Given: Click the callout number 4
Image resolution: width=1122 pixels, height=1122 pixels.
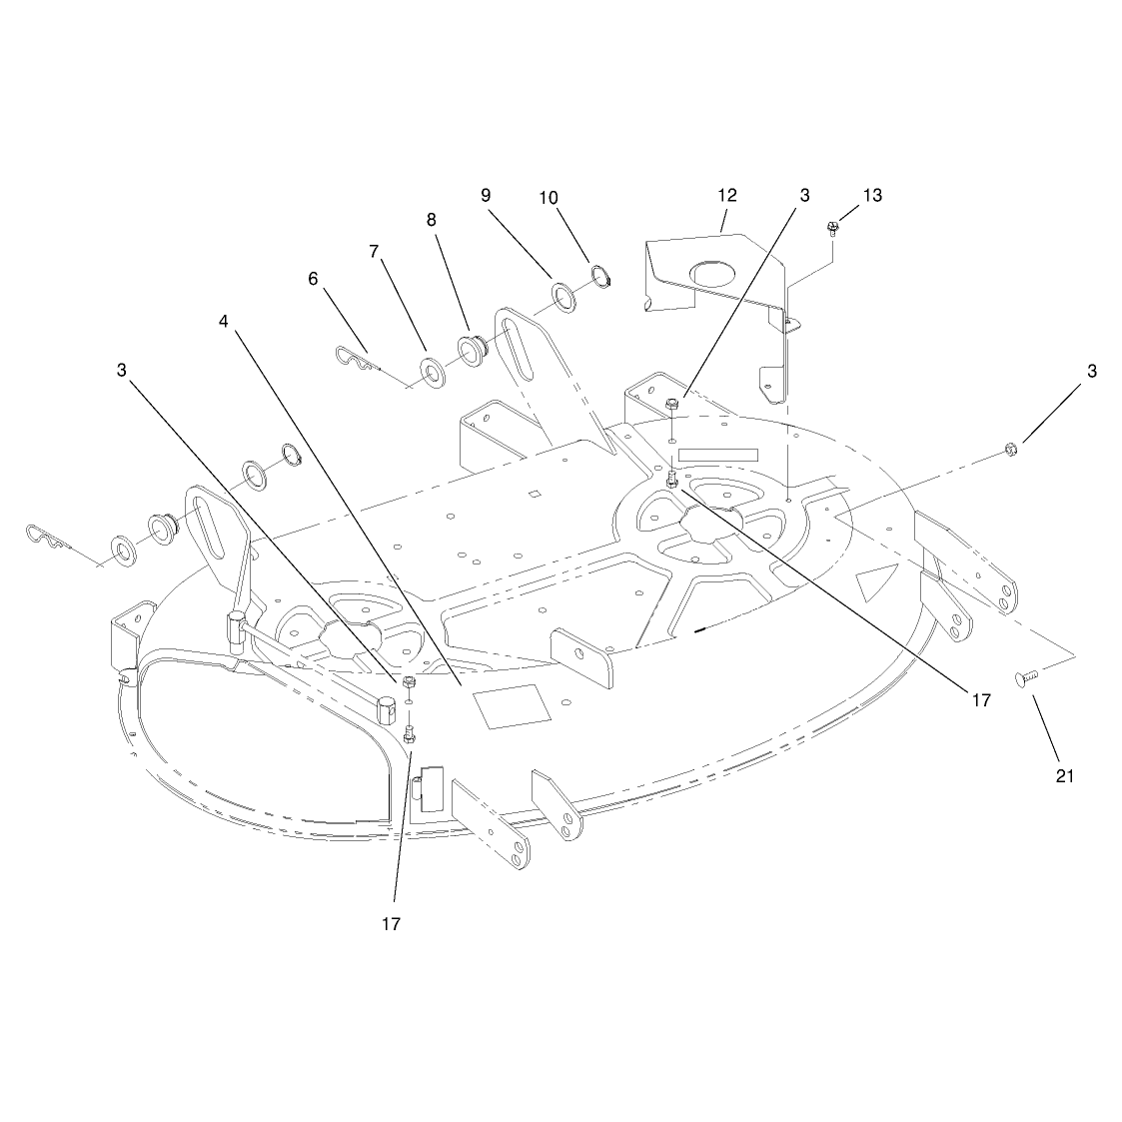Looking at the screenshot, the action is [x=223, y=322].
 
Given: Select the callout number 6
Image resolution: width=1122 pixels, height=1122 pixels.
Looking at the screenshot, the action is [x=313, y=279].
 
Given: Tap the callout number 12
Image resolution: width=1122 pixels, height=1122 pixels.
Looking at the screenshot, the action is [x=727, y=196].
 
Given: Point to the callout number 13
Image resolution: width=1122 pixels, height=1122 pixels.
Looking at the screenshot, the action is [x=872, y=196].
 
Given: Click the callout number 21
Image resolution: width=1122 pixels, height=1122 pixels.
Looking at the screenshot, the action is [x=1065, y=775].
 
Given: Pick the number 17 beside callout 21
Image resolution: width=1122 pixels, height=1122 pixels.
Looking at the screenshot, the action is [x=981, y=699].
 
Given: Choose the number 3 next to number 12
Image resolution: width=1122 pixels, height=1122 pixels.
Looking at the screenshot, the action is [x=804, y=196].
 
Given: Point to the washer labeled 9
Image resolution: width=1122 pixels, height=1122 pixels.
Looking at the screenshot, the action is [x=563, y=298].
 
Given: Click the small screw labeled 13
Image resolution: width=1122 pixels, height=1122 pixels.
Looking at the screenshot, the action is [x=832, y=229].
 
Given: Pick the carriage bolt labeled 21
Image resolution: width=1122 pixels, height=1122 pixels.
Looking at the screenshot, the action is [x=1027, y=677].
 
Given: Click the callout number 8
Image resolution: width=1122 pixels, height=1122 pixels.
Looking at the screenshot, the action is [x=431, y=220].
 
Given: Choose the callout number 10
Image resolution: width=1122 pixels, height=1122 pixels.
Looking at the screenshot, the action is [x=549, y=198].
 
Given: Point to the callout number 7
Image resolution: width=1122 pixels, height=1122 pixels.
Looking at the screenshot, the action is [x=374, y=252].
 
